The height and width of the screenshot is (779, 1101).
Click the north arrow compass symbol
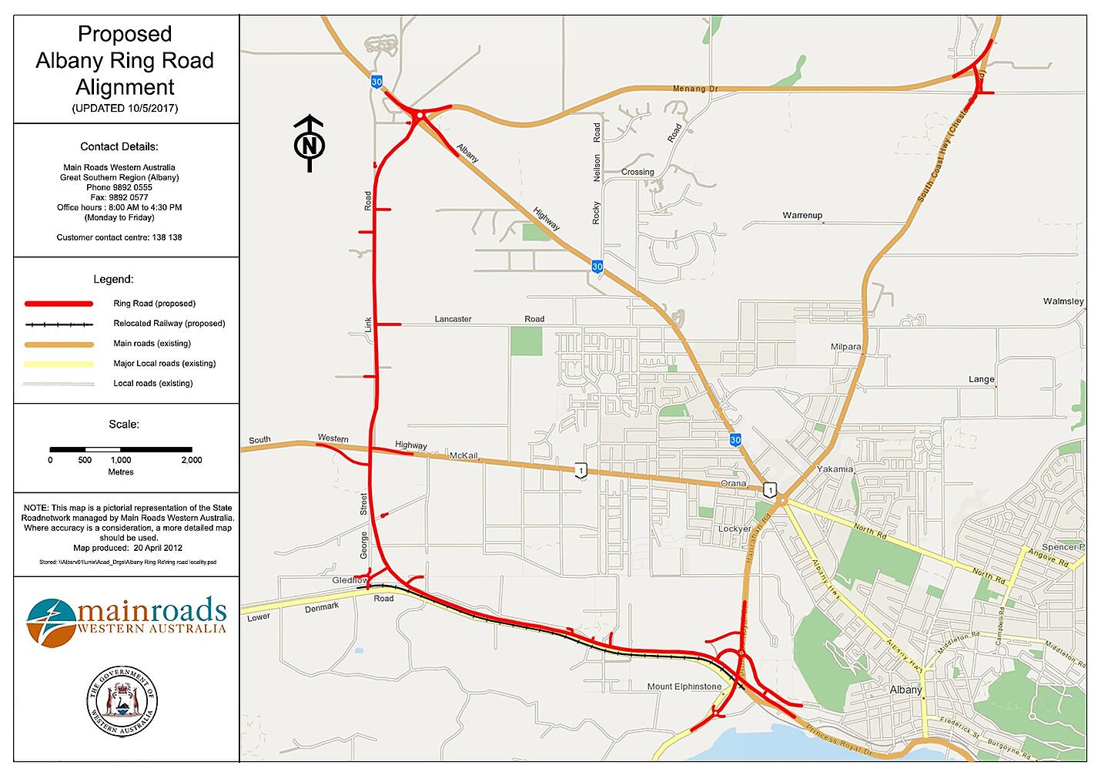click(x=310, y=144)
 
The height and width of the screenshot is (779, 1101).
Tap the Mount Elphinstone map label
click(x=684, y=687)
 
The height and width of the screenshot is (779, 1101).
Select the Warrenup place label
click(x=802, y=215)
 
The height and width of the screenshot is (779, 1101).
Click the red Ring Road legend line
click(x=59, y=304)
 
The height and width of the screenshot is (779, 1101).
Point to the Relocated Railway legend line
click(x=59, y=324)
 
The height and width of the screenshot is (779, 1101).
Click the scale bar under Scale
click(x=121, y=448)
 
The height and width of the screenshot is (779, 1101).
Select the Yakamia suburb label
click(x=835, y=468)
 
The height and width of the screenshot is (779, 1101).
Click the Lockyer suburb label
click(x=734, y=529)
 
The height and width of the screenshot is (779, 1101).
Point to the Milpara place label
click(x=845, y=347)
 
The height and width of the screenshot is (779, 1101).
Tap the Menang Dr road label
click(x=694, y=89)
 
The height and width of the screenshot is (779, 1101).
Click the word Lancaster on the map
click(x=453, y=319)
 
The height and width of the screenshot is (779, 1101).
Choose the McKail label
click(x=464, y=456)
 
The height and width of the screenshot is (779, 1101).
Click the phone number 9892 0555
click(x=135, y=187)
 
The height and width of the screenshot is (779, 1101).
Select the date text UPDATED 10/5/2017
click(x=125, y=108)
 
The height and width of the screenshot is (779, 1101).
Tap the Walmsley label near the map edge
click(x=1063, y=301)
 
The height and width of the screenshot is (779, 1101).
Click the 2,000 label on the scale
click(x=191, y=460)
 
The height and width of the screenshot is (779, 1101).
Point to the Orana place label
click(x=733, y=483)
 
